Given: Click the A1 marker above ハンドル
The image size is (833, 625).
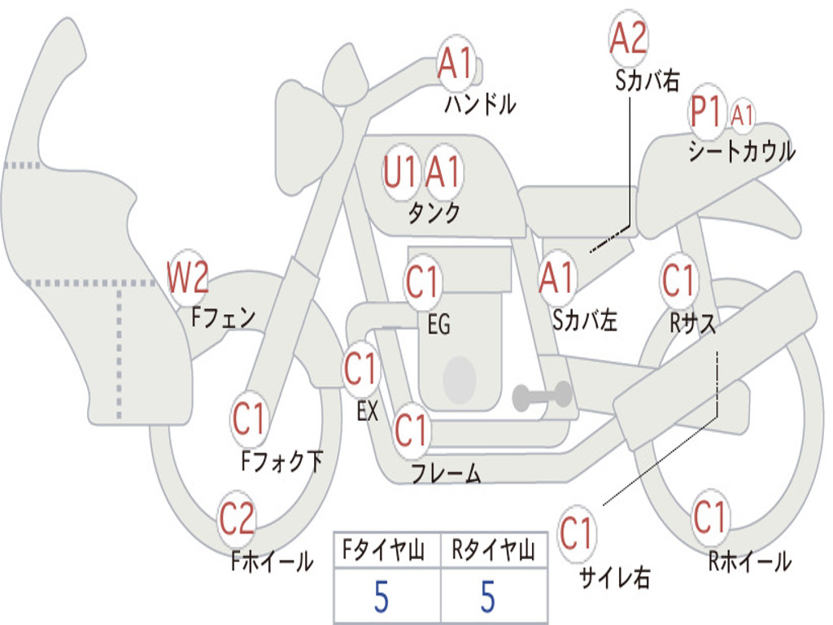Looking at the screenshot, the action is pos(456,63).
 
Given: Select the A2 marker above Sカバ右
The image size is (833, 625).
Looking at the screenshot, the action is pos(628,38).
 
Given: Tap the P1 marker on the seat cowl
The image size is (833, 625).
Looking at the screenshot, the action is pos(707,112).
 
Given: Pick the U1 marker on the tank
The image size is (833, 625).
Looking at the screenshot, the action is pos(402,172).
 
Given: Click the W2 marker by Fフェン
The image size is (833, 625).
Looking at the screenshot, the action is pos(187,278).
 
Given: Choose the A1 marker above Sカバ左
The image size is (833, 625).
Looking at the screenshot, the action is pos(556,278).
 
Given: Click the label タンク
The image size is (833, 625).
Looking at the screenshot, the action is pos(434,212).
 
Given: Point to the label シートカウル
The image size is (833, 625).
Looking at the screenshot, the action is pos(742,151).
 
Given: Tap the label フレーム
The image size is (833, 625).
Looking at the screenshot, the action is pos(447,473).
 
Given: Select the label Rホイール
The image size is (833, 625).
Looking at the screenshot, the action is pos(749,562).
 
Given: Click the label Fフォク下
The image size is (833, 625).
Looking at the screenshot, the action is pos(281,461).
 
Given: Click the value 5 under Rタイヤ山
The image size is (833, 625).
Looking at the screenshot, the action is pos(488,597).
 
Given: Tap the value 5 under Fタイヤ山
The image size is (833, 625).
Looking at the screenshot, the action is pos(381,597).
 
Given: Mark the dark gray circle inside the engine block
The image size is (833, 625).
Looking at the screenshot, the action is pos(460,379).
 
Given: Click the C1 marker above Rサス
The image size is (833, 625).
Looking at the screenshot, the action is pos(679,280).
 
